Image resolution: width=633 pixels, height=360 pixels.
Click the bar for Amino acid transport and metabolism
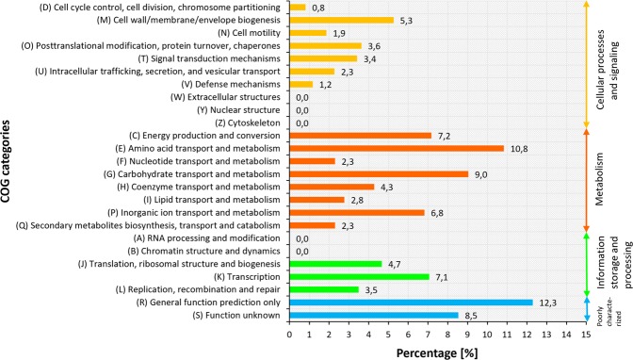pyautogui.click(x=397, y=148)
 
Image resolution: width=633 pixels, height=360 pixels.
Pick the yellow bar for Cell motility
pyautogui.click(x=308, y=32)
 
